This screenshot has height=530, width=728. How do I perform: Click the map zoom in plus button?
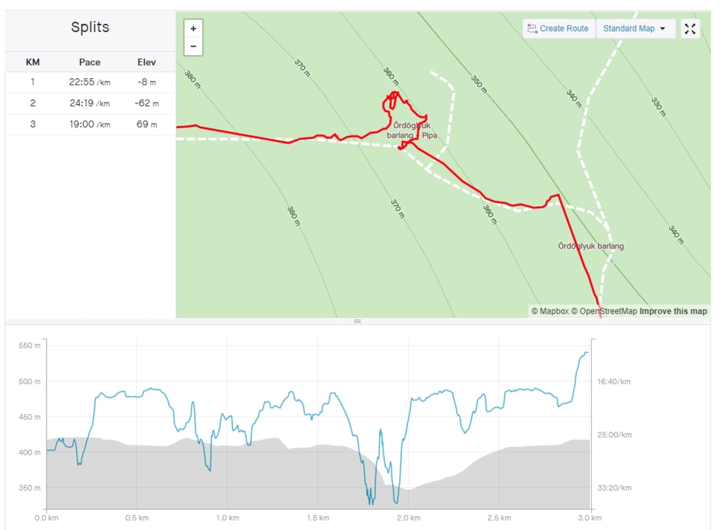[x=193, y=29]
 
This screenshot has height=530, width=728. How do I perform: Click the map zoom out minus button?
[x=193, y=47]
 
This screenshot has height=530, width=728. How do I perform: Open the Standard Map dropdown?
[x=634, y=29]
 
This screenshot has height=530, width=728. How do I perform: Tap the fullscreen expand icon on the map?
[x=690, y=29]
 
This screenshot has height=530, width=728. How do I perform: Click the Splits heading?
[x=90, y=27]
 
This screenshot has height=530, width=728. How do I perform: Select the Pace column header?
[x=90, y=62]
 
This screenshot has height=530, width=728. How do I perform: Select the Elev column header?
[x=147, y=62]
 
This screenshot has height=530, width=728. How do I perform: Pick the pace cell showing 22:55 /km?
[x=90, y=82]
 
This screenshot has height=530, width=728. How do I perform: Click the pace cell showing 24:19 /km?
[x=90, y=103]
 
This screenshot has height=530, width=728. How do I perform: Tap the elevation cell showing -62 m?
[x=147, y=103]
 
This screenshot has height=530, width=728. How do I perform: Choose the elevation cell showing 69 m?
[x=147, y=124]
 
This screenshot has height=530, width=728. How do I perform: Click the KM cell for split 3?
[x=33, y=124]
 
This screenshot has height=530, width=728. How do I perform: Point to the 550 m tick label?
[x=30, y=346]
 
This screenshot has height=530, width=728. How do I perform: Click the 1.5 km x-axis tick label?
[x=318, y=518]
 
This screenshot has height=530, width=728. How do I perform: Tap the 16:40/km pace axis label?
[x=614, y=381]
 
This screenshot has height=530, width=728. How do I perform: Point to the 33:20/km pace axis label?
[x=614, y=488]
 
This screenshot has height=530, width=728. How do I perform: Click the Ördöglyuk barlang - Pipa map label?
[x=412, y=130]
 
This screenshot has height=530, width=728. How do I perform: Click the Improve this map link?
[x=673, y=311]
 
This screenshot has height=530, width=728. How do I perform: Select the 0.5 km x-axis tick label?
[x=137, y=518]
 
